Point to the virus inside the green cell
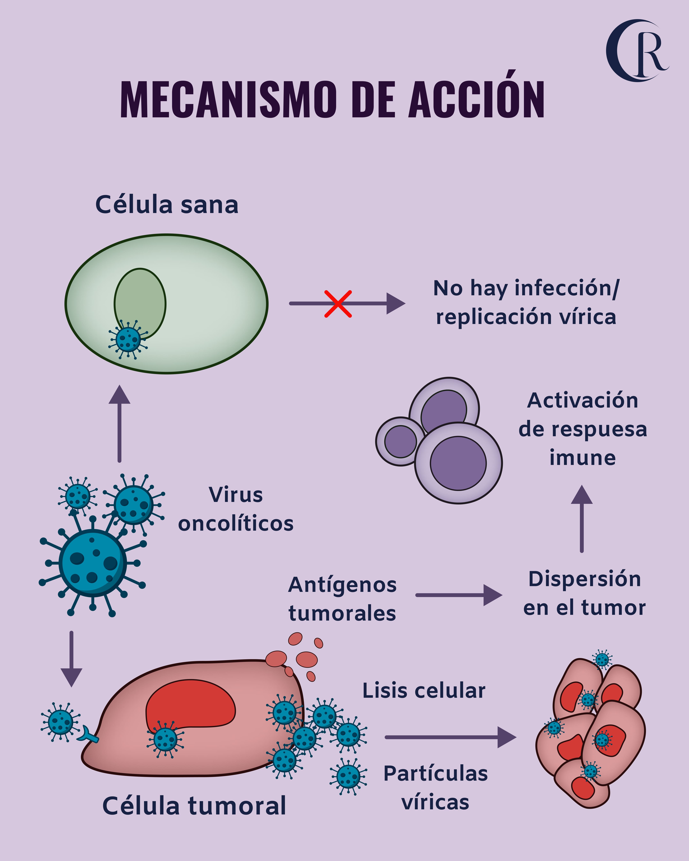pyautogui.click(x=128, y=339)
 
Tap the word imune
pyautogui.click(x=582, y=458)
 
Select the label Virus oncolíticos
pyautogui.click(x=236, y=509)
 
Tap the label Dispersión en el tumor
pyautogui.click(x=584, y=593)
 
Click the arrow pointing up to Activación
pyautogui.click(x=582, y=519)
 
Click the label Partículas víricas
pyautogui.click(x=435, y=788)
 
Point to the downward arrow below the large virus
pyautogui.click(x=71, y=659)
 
